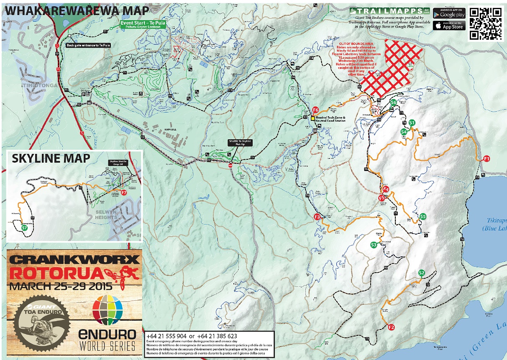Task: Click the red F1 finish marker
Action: click(x=486, y=158)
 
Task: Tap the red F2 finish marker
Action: click(x=392, y=327)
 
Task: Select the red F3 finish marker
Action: click(x=318, y=217)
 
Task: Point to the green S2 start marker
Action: click(x=422, y=273)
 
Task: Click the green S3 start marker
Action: click(x=374, y=245)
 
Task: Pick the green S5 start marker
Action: click(x=423, y=217)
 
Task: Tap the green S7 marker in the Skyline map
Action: click(x=24, y=229)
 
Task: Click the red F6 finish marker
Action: click(x=316, y=110)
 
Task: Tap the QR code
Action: click(x=485, y=24)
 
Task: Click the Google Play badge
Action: click(x=449, y=13)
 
